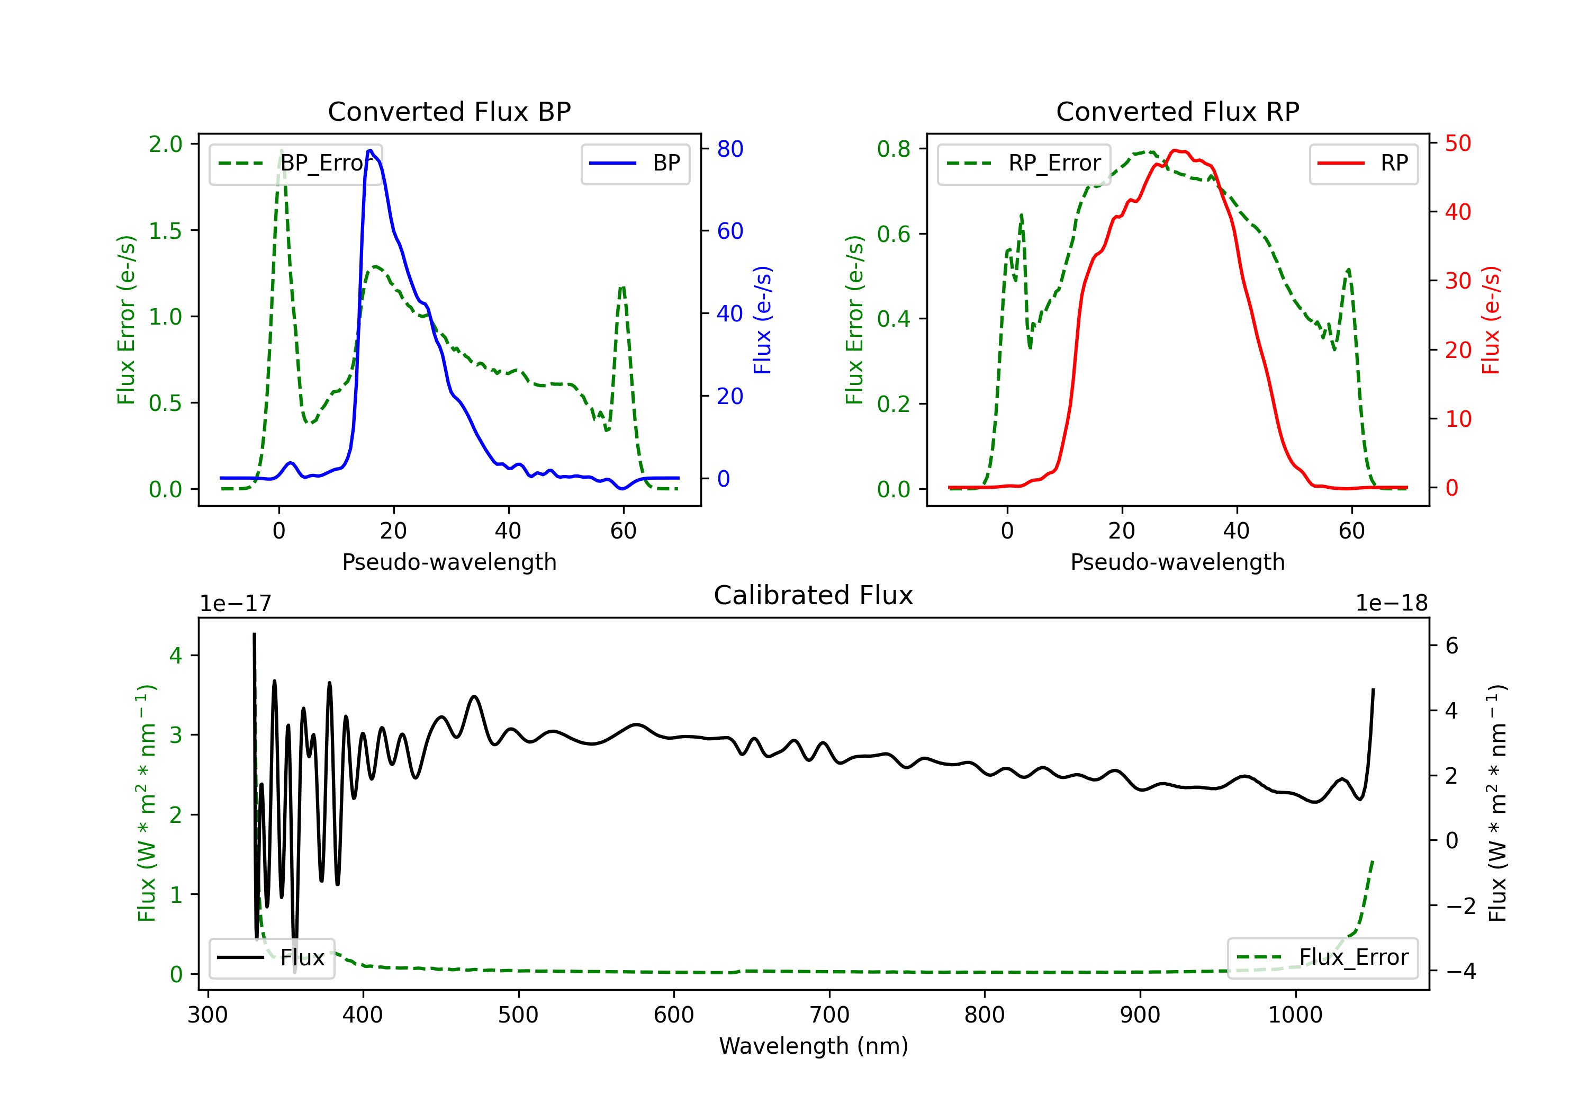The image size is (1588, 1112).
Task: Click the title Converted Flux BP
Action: [449, 111]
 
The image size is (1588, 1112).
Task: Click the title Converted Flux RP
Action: [1177, 111]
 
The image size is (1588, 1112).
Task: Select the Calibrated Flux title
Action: [814, 595]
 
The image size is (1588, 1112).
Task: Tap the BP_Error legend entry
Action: [296, 163]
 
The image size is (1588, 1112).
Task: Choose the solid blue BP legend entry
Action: [635, 163]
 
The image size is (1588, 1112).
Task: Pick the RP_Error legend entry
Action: [1024, 163]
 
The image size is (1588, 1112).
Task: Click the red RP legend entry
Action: [1363, 163]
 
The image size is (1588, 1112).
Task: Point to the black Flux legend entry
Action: [271, 958]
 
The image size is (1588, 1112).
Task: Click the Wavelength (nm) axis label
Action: [814, 1046]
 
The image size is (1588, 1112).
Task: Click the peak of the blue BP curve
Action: [371, 150]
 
